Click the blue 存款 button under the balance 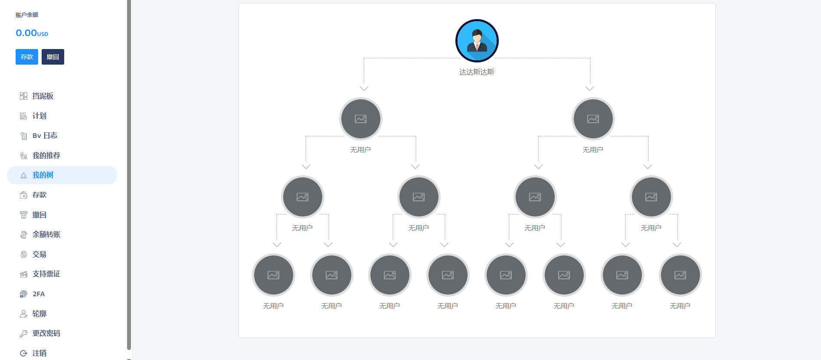tap(27, 57)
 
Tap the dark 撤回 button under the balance tap(53, 57)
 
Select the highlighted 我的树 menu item tap(62, 175)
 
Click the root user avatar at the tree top tap(477, 41)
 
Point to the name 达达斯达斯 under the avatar tap(477, 72)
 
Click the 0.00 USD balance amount tap(32, 33)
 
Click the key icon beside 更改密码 tap(24, 334)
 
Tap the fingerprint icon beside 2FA tap(24, 294)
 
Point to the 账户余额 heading tap(27, 15)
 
